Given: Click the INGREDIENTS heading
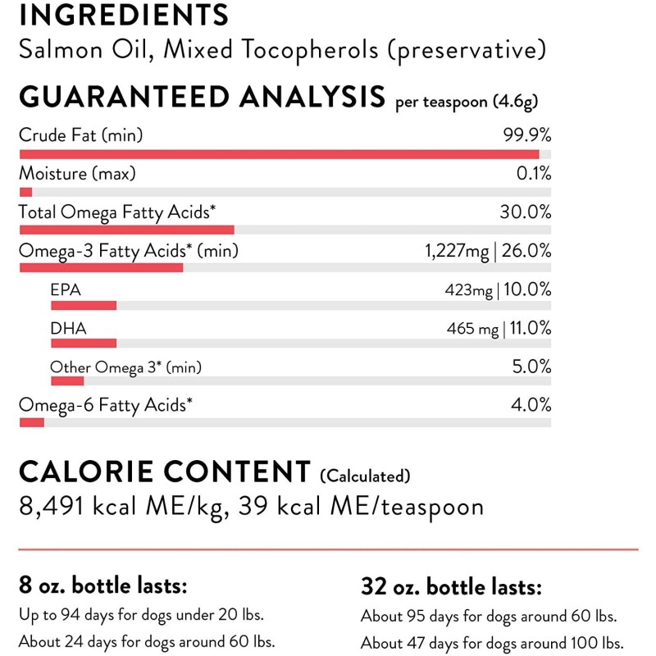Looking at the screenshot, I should [124, 15].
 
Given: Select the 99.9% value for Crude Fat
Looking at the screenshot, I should [526, 135].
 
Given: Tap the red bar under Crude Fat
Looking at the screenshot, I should [279, 154].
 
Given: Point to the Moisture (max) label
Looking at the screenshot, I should [77, 174].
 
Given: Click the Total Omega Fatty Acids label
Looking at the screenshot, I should [117, 212].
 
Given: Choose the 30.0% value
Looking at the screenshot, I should [526, 212].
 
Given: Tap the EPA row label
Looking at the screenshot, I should [66, 289].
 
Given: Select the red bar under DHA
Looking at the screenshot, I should [84, 343].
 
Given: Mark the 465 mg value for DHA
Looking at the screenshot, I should [472, 329].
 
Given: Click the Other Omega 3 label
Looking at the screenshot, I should [125, 367].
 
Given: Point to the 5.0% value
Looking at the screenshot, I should [531, 367].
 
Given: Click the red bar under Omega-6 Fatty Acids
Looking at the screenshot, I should [31, 421].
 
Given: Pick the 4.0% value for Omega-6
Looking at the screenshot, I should [531, 405].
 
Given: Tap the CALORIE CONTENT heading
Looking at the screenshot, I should [164, 472].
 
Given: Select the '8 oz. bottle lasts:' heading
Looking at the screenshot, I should [103, 586].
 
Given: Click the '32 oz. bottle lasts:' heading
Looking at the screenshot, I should [451, 586].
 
